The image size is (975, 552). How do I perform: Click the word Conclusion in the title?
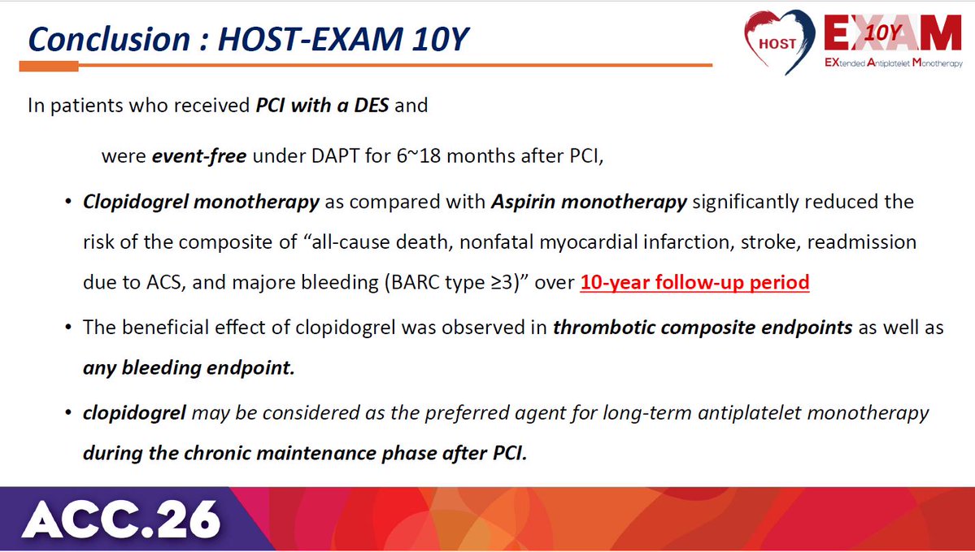tap(109, 39)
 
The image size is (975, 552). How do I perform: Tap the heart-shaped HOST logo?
tap(780, 41)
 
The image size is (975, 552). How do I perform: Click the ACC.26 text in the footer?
tap(121, 519)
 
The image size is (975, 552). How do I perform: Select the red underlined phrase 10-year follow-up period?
tap(694, 282)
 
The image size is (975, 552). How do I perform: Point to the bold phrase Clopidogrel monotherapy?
tap(201, 202)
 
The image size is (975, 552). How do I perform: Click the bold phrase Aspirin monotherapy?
tap(589, 202)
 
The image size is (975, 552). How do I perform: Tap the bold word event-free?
tap(199, 155)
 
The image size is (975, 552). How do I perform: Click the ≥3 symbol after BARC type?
tap(500, 282)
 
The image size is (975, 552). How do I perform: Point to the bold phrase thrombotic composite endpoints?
tap(703, 328)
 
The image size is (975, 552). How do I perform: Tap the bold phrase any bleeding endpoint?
tap(189, 368)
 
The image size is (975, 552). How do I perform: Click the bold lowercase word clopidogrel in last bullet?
tap(134, 413)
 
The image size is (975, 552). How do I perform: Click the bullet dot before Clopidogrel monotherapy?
tap(68, 202)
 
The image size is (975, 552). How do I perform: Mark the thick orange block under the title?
tap(49, 66)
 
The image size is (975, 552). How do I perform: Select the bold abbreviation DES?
tap(372, 105)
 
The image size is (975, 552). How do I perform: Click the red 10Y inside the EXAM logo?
tap(881, 32)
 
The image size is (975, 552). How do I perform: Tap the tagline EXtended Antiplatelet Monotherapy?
tap(894, 63)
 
